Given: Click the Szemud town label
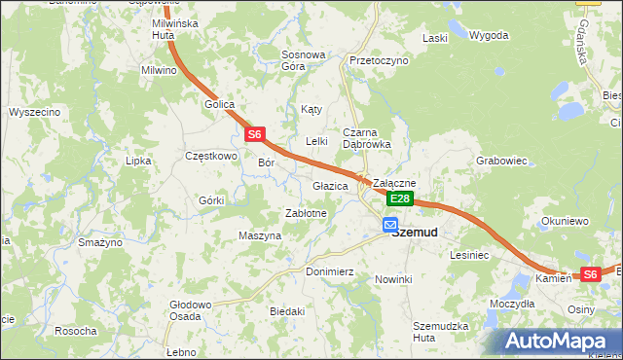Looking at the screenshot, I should coord(414,232).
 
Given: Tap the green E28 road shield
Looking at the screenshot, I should coord(400,198).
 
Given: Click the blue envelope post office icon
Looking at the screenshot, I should coord(389,224).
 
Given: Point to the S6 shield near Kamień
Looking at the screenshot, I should coord(590,274).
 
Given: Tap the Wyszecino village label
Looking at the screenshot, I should coord(35,112).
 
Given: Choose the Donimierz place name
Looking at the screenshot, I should coord(329,271).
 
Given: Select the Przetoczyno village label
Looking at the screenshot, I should coord(378,59).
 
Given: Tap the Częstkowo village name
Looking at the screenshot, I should coord(211,155).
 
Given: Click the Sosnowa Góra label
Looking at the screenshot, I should coord(303,60).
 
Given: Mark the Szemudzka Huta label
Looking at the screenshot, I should coord(441,331).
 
